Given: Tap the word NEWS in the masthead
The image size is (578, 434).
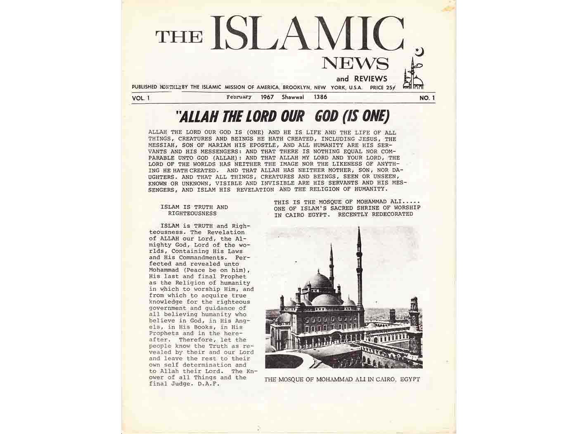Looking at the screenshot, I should pyautogui.click(x=355, y=63).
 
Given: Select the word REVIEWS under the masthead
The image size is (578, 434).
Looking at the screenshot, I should pyautogui.click(x=370, y=79).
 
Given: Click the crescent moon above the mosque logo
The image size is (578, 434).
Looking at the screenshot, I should pyautogui.click(x=420, y=52).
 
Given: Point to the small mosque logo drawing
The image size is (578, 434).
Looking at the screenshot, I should pyautogui.click(x=414, y=76).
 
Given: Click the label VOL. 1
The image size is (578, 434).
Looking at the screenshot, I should pyautogui.click(x=141, y=98).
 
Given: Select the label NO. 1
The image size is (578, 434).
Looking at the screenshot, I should pyautogui.click(x=427, y=98).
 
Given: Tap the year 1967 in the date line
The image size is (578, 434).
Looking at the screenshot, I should pyautogui.click(x=269, y=97).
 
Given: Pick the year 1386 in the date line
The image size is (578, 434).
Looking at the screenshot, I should pyautogui.click(x=320, y=97).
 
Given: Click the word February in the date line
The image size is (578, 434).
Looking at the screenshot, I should pyautogui.click(x=239, y=97).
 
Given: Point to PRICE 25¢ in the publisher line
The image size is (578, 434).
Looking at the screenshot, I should pyautogui.click(x=382, y=87).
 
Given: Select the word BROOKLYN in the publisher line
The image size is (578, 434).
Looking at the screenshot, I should pyautogui.click(x=296, y=87).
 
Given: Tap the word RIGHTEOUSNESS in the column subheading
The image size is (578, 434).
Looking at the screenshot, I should pyautogui.click(x=192, y=214).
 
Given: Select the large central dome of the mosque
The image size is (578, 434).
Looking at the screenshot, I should pyautogui.click(x=318, y=281).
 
